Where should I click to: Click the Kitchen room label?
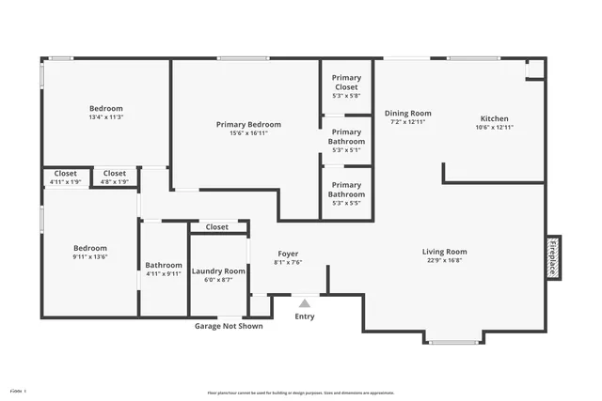click(495, 119)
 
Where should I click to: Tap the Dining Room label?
click(408, 114)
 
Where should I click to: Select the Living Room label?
click(444, 252)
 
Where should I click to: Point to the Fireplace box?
click(554, 256)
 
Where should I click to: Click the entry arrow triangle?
click(304, 303)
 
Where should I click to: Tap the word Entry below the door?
click(305, 316)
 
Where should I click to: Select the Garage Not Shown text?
click(229, 326)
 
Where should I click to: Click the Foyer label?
click(288, 254)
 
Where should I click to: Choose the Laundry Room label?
click(218, 270)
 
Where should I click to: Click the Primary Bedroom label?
click(248, 124)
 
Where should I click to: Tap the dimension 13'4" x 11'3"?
click(105, 117)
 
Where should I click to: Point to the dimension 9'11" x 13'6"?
click(91, 256)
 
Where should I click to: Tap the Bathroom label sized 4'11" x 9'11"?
click(163, 265)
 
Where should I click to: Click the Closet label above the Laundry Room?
click(217, 226)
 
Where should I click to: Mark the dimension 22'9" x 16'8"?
click(444, 262)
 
